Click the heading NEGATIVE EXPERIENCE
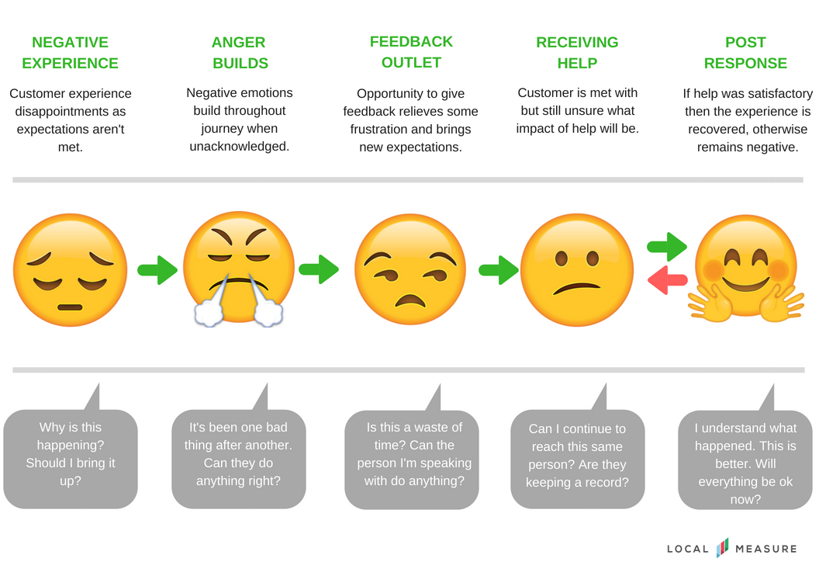[70, 53]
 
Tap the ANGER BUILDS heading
[240, 53]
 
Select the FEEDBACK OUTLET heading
[411, 52]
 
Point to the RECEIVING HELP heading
[577, 53]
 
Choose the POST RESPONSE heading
[745, 53]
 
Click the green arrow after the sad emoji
[157, 270]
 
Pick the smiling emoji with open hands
[746, 269]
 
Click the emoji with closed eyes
[70, 270]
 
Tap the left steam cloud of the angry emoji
[207, 313]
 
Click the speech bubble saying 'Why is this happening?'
[70, 459]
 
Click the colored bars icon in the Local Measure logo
[722, 548]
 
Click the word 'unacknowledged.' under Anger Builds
[240, 146]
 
